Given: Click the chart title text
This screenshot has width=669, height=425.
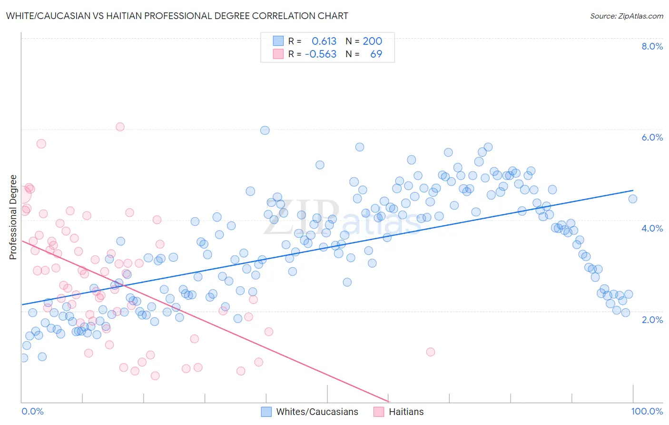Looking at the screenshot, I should [x=177, y=16].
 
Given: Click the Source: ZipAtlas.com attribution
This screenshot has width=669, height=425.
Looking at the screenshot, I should [x=626, y=16].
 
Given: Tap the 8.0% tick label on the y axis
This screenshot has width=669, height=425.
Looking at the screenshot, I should [x=652, y=46].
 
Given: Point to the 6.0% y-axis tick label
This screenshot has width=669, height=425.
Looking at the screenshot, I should [x=652, y=137].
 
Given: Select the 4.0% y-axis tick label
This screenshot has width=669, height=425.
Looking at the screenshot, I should [x=652, y=228].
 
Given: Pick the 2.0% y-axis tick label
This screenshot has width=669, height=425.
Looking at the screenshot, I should [x=652, y=319].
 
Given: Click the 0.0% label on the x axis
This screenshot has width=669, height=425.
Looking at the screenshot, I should [x=32, y=411].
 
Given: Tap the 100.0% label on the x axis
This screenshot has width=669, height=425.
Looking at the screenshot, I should [x=647, y=411].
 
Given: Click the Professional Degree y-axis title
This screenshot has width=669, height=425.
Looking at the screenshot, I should [x=13, y=217].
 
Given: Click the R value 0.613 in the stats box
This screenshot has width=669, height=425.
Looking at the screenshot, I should [x=324, y=41].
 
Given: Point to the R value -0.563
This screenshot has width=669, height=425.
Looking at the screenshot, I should [x=320, y=54].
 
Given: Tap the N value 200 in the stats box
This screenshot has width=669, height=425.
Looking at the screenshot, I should [x=372, y=41].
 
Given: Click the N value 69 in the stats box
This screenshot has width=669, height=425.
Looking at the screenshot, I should [x=376, y=54].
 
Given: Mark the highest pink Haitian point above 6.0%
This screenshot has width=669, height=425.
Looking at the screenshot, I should [x=120, y=127].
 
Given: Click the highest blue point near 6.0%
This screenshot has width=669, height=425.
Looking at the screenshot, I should [x=265, y=130].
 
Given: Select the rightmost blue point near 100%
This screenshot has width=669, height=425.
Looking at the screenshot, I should [x=632, y=199].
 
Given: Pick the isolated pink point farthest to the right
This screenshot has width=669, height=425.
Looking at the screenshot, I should [x=431, y=352].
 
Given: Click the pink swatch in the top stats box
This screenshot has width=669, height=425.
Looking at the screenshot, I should [x=278, y=54].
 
